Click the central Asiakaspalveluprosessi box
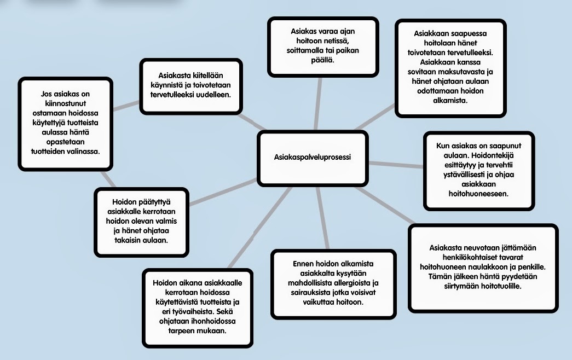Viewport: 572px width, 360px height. coord(312,158)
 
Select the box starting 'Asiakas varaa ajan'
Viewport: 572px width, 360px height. coord(323,46)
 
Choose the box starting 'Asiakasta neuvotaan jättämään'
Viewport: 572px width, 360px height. coord(483,267)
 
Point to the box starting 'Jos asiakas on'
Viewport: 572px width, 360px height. coord(65,123)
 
